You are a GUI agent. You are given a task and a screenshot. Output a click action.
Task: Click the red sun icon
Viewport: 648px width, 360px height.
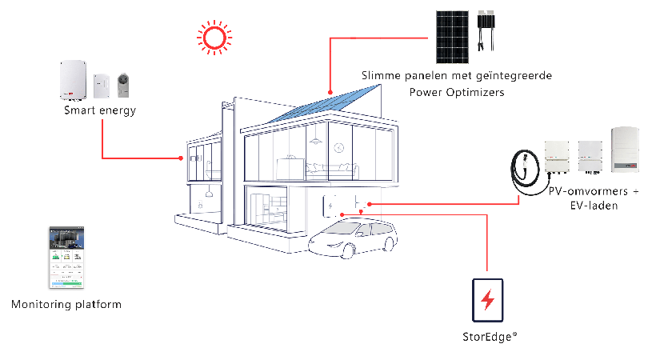214,37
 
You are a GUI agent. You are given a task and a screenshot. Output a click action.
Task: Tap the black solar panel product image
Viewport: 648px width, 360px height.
452,37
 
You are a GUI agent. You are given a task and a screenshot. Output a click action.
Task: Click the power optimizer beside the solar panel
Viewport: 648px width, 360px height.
486,30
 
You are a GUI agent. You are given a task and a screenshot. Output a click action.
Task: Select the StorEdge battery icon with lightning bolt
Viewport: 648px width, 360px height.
488,300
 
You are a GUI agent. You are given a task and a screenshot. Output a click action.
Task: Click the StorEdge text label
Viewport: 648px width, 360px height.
490,337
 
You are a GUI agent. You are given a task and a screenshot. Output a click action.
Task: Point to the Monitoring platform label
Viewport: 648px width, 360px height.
66,305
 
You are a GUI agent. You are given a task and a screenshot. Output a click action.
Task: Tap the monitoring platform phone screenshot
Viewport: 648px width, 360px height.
66,257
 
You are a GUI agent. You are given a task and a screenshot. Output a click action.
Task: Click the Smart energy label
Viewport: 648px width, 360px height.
100,110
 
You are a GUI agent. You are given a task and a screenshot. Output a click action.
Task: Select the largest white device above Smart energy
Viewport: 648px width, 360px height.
73,80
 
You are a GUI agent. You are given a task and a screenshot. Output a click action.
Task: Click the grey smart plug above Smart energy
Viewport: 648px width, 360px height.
123,85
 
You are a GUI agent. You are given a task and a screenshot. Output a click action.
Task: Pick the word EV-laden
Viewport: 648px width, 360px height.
594,206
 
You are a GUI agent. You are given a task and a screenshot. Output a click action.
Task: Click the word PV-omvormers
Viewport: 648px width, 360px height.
588,191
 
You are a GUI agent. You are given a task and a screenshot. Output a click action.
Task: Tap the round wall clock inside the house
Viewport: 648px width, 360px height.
339,147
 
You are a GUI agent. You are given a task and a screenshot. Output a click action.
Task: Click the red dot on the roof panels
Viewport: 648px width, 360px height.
330,92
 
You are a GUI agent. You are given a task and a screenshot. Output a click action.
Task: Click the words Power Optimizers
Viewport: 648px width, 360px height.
457,92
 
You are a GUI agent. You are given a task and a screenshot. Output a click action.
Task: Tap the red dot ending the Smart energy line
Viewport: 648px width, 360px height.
181,158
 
